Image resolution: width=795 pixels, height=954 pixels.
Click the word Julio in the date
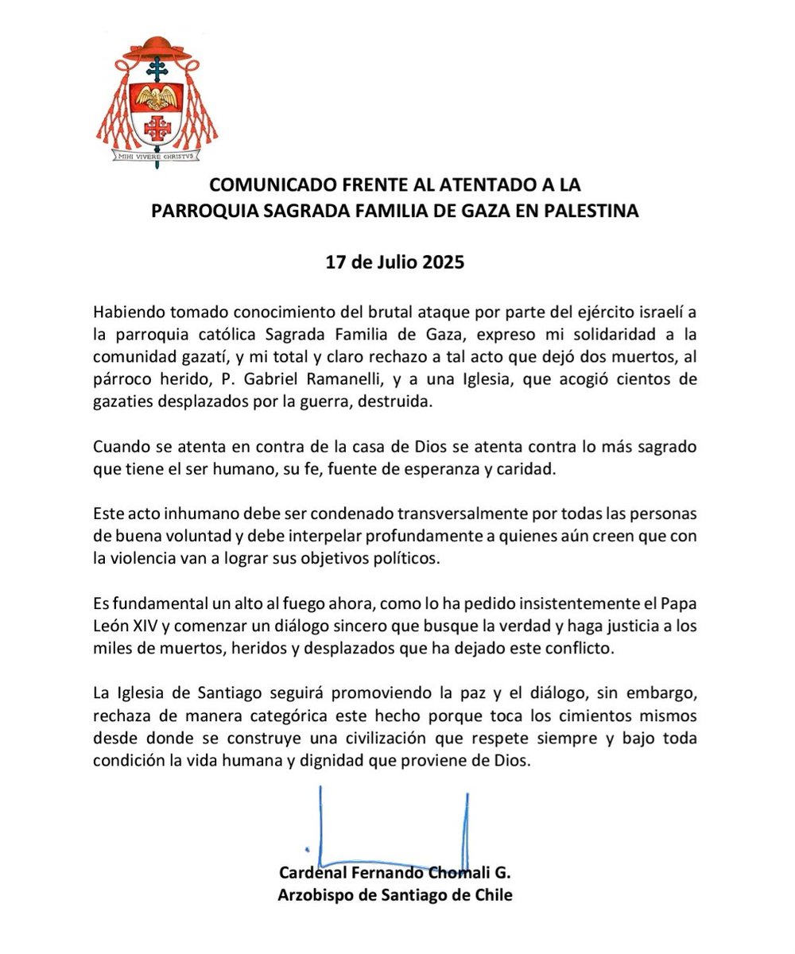click(x=386, y=262)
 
